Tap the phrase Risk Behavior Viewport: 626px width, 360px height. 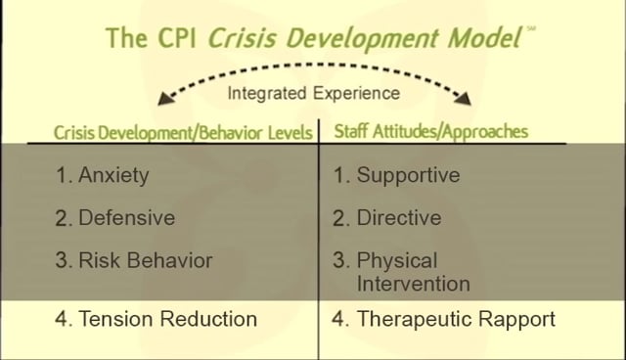pos(145,261)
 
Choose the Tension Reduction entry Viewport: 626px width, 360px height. pos(166,319)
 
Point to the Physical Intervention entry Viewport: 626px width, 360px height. pos(413,273)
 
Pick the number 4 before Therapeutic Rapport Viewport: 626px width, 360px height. pos(338,320)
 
